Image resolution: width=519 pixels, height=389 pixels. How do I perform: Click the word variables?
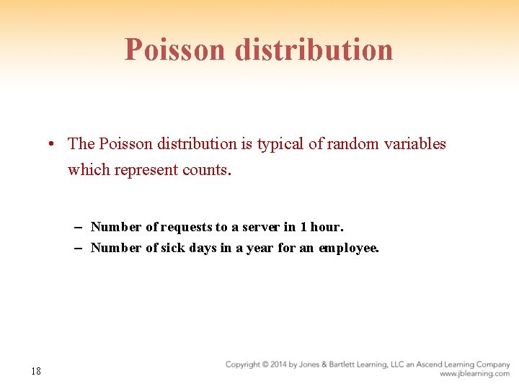pyautogui.click(x=417, y=144)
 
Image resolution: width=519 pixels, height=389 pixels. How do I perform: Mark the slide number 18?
pyautogui.click(x=36, y=371)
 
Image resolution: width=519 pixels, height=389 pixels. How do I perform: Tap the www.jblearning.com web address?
pyautogui.click(x=474, y=374)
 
